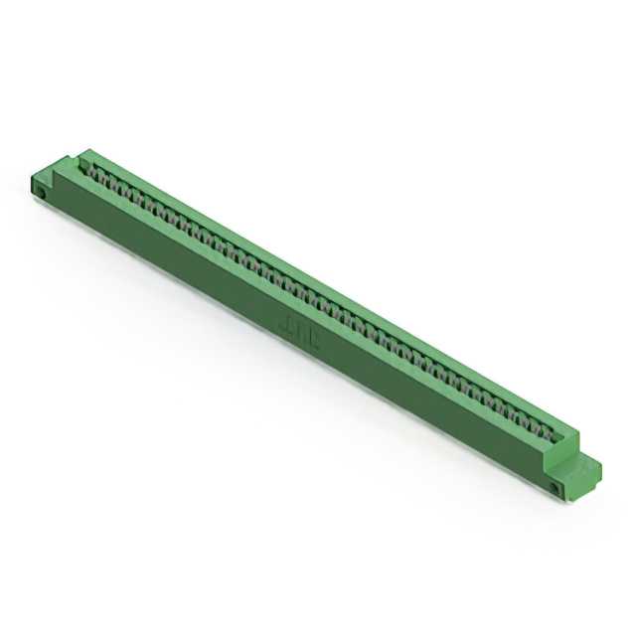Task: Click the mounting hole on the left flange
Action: [43, 193]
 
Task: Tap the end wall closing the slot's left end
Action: [81, 159]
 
